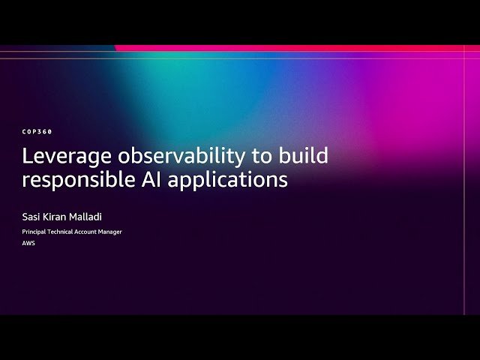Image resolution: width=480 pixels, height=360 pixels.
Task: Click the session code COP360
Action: (x=37, y=131)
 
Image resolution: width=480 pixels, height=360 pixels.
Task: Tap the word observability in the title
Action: (x=166, y=157)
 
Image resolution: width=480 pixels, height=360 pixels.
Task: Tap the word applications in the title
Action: (x=228, y=181)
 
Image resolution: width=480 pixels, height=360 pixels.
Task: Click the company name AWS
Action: (x=28, y=243)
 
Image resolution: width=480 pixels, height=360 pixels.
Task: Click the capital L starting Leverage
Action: (x=27, y=157)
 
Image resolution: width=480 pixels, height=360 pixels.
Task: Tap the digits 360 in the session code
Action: (x=46, y=131)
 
